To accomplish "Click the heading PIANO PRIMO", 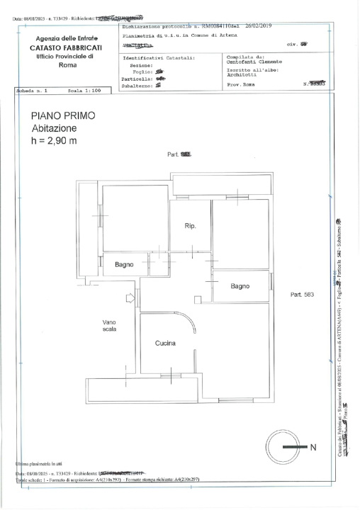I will click(x=63, y=115).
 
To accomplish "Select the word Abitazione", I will click(x=56, y=128).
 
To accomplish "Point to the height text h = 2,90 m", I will click(x=54, y=141).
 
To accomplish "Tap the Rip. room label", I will click(x=190, y=226).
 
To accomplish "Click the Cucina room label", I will click(x=165, y=344).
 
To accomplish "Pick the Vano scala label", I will click(x=109, y=325).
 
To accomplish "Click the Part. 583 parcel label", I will click(x=302, y=294).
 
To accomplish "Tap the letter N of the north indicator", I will click(x=313, y=447).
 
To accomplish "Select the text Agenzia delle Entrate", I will click(x=67, y=38).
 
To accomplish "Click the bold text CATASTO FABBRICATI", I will click(x=67, y=47).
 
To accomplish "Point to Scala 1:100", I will click(x=85, y=91).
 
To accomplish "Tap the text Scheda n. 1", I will click(x=33, y=91).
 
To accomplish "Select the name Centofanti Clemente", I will click(x=255, y=62).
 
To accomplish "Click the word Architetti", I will click(x=241, y=74).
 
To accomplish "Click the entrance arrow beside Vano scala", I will click(x=130, y=299).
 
